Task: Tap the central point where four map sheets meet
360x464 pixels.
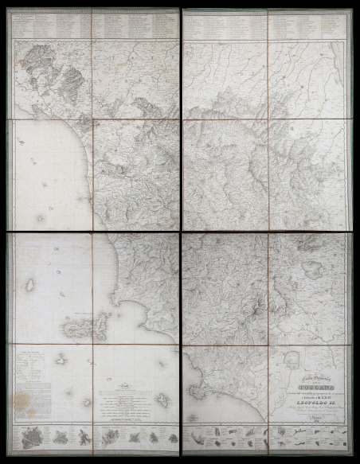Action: point(181,232)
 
